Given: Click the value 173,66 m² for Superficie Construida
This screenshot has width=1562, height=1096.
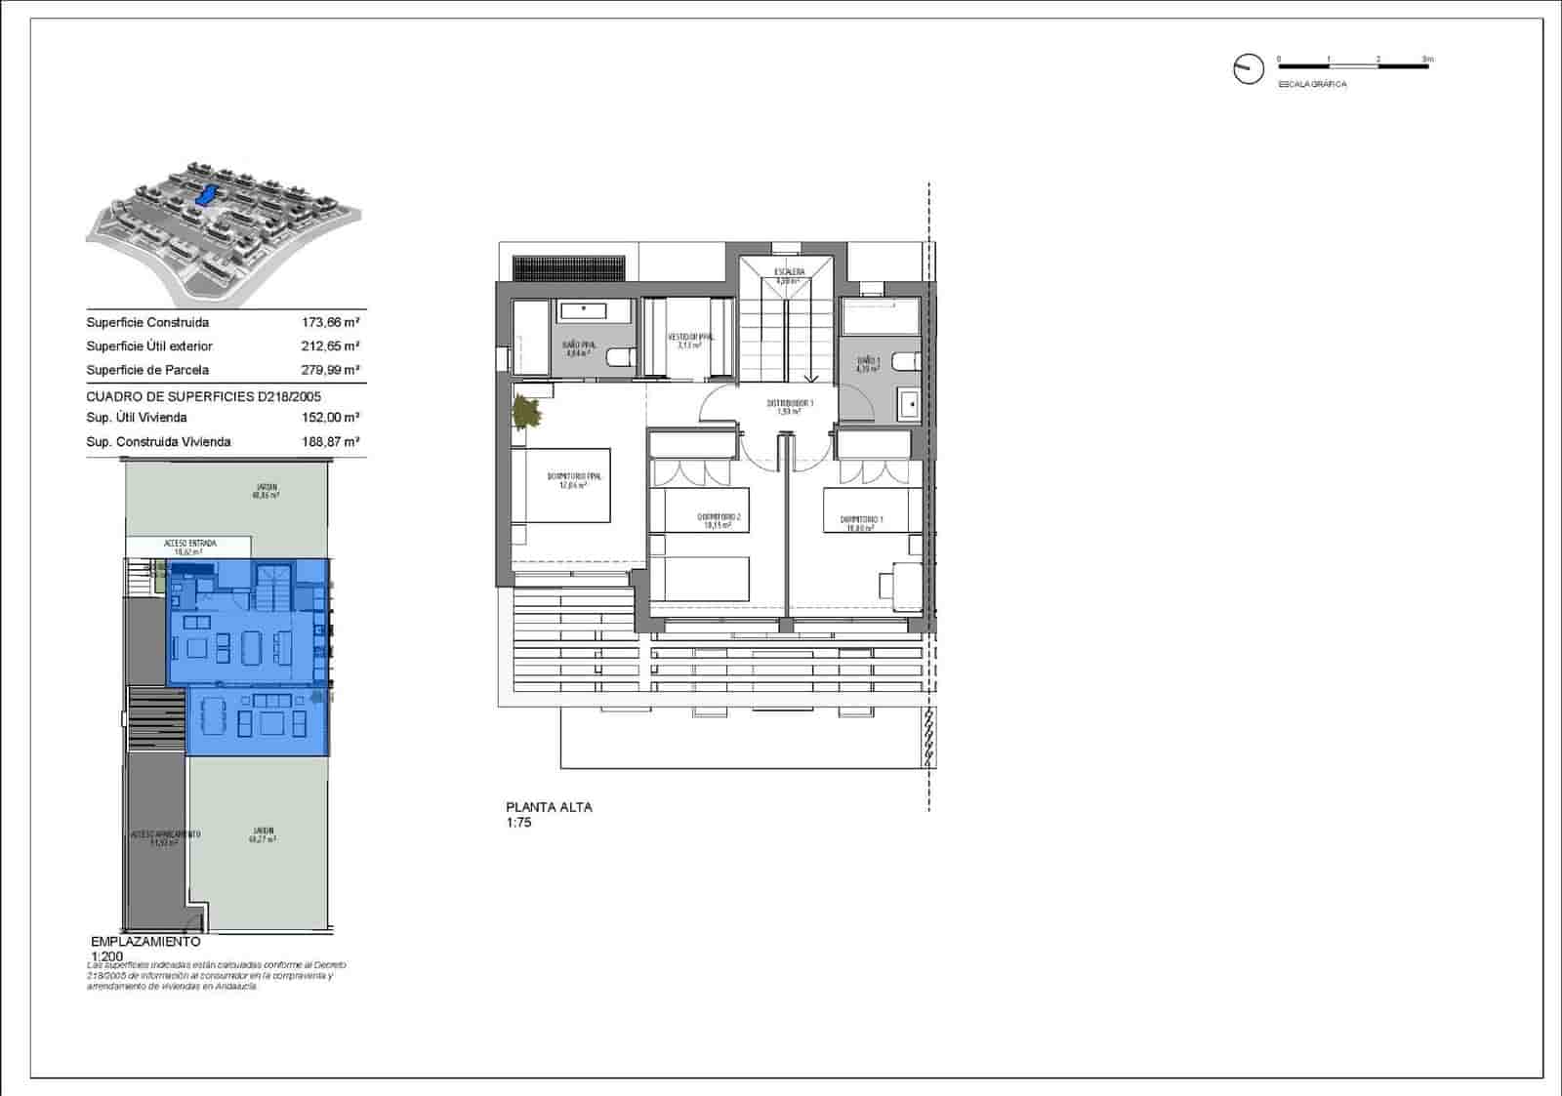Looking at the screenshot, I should [x=330, y=322].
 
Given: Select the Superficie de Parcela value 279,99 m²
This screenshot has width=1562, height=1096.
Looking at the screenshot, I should [x=330, y=370].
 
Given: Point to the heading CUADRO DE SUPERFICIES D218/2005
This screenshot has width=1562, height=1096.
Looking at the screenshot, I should [x=203, y=397].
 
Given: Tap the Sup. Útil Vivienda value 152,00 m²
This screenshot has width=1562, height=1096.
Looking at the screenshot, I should [x=330, y=418].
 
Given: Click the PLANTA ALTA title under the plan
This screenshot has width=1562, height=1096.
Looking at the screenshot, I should [x=549, y=807].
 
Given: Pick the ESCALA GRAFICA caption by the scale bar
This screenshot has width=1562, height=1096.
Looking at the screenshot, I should [x=1312, y=85].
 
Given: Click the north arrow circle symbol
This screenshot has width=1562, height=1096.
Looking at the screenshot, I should [x=1248, y=69].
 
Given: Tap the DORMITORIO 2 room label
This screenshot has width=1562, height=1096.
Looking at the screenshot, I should [x=719, y=518].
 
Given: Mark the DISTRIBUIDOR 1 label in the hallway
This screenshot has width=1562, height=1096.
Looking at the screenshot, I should [x=789, y=404].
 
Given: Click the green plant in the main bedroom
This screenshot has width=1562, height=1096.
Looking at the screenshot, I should [x=528, y=412].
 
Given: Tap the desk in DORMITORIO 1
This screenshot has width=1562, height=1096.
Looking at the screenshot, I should [x=901, y=583].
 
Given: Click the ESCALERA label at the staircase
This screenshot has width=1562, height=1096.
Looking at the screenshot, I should [x=789, y=272].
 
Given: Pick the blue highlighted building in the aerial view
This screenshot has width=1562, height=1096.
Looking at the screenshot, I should [x=206, y=195].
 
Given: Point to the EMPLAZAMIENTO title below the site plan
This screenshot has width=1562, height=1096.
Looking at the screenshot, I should [x=144, y=943].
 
